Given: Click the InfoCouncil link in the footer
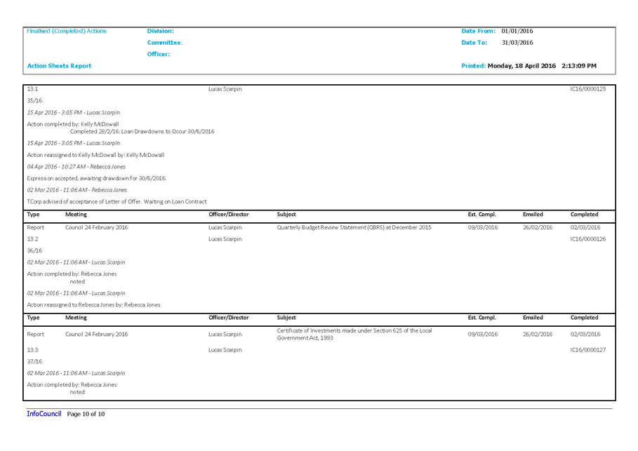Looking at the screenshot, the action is tap(44, 414).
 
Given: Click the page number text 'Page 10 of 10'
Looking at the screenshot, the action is tap(86, 414).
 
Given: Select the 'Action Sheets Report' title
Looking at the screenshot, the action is tap(59, 66).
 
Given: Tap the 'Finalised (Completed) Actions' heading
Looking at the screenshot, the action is tap(66, 31).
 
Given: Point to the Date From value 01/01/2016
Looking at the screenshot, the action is tap(517, 31).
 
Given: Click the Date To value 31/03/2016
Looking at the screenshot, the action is tap(517, 42).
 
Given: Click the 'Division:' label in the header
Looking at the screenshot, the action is tap(160, 31).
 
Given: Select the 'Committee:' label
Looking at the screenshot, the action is tap(165, 42).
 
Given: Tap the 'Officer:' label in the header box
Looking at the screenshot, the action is tap(159, 54).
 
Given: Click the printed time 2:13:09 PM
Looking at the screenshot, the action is tap(579, 66).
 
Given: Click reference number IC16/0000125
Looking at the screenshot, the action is tap(588, 89).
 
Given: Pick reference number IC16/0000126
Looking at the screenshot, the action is tap(588, 239).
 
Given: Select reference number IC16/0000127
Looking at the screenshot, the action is tap(588, 350).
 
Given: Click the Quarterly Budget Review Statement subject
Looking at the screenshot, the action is tap(354, 227).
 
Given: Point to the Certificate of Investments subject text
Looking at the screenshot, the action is tap(354, 335).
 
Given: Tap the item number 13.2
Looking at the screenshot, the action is tap(32, 239).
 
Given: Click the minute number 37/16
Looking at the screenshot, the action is tap(34, 361).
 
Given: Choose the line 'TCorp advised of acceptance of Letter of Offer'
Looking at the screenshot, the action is tap(117, 202).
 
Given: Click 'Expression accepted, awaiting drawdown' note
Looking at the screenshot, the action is tap(97, 178).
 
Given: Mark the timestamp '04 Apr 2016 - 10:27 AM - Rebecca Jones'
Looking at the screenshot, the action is tap(76, 167).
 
